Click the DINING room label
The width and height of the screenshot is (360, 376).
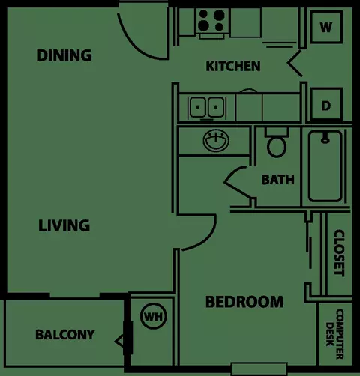(x=64, y=55)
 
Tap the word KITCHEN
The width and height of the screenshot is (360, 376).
(x=233, y=66)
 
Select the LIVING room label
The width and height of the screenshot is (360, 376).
(x=64, y=225)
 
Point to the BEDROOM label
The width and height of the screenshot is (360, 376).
(x=244, y=302)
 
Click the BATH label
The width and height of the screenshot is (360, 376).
(x=277, y=180)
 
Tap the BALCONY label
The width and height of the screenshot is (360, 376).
(x=65, y=335)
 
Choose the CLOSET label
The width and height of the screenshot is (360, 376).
(x=339, y=252)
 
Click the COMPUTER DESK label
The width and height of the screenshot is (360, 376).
(x=334, y=333)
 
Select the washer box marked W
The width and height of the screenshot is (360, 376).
(x=326, y=27)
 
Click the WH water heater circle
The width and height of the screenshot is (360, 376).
(x=153, y=316)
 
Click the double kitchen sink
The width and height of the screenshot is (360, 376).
(x=207, y=107)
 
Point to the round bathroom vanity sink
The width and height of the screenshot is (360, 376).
(x=216, y=141)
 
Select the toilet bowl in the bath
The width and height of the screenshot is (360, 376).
(x=277, y=146)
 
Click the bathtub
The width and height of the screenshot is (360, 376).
(x=325, y=166)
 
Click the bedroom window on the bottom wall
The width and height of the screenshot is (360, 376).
(x=259, y=369)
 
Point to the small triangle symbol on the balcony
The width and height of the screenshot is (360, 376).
(x=119, y=341)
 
